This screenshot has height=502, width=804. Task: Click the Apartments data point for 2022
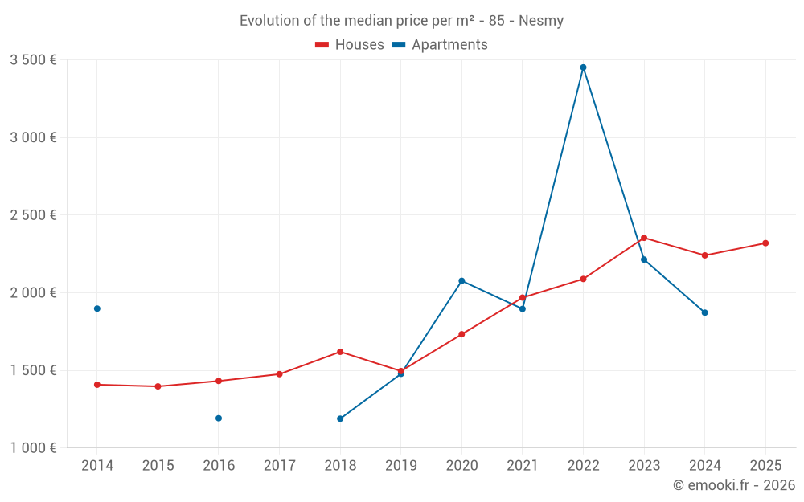tap(583, 67)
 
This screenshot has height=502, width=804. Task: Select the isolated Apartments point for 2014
tap(97, 308)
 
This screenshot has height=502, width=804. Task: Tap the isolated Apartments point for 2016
tap(219, 418)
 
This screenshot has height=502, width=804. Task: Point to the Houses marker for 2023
tap(644, 238)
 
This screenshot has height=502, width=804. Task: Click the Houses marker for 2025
tap(765, 243)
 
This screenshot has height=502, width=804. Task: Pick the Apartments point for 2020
tap(461, 281)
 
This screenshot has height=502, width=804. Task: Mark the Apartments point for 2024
tap(705, 312)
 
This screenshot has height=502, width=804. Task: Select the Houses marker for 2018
tap(340, 352)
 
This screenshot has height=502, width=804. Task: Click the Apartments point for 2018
tap(340, 418)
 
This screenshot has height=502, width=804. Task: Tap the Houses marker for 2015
tap(158, 386)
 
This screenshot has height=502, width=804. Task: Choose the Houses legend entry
tap(350, 45)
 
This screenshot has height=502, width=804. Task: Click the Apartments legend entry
tap(440, 45)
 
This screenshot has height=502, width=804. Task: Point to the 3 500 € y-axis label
tap(33, 60)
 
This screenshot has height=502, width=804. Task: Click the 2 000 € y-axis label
tap(33, 293)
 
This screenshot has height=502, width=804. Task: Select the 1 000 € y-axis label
tap(33, 448)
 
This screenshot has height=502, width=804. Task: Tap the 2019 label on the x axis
tap(400, 466)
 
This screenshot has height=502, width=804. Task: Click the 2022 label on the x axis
tap(583, 466)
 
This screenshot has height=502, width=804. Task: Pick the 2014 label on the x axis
tap(97, 466)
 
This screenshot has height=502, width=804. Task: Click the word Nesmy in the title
tap(541, 21)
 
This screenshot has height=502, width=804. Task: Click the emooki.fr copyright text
tap(734, 485)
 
